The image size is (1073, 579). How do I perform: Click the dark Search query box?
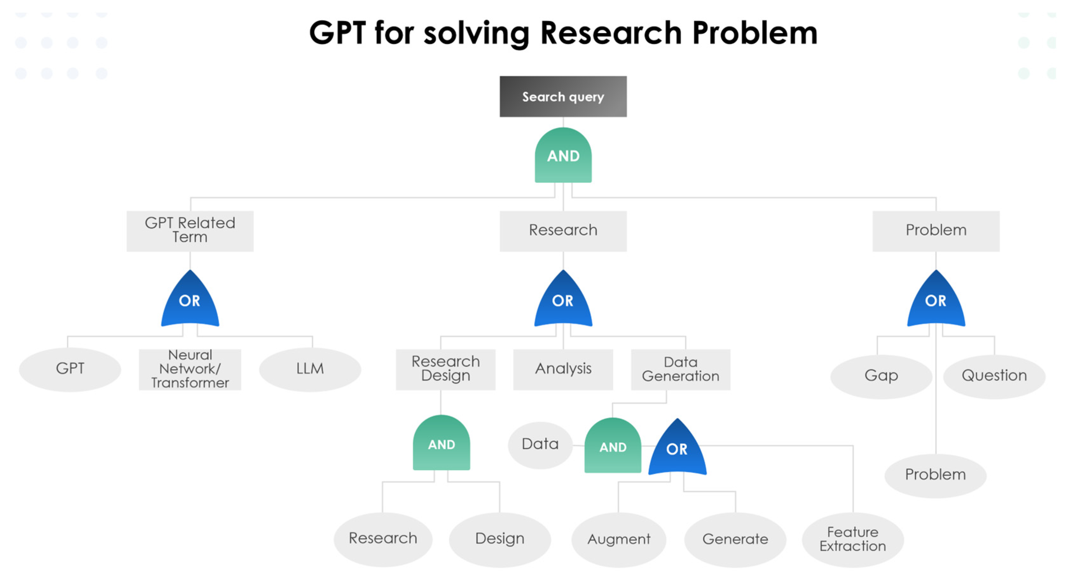pos(563,96)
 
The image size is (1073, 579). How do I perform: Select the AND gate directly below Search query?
pos(563,156)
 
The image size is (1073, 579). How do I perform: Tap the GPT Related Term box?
pos(190,231)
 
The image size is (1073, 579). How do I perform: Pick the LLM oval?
pos(310,369)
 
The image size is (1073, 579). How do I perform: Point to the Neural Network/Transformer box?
pos(190,369)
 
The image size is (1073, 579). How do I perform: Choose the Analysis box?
pos(563,369)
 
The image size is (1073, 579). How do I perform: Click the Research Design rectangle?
pos(445,369)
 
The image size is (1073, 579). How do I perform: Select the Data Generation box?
pos(680,369)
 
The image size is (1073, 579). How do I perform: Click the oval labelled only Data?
pos(540,444)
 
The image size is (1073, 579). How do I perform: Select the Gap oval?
pos(881,376)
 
